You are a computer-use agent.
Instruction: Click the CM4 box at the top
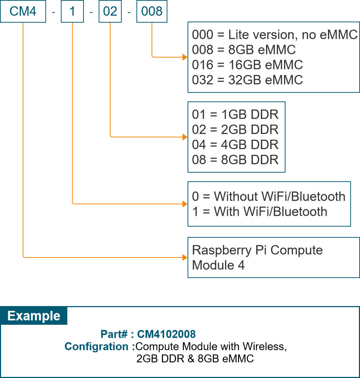(x=23, y=12)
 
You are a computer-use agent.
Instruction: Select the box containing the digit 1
(x=72, y=12)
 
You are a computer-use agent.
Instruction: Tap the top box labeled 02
(x=110, y=12)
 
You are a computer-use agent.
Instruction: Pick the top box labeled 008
(x=152, y=12)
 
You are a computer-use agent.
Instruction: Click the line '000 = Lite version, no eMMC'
(x=274, y=35)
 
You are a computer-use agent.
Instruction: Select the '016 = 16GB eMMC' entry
(x=247, y=65)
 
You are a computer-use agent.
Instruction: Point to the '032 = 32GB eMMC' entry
(x=247, y=80)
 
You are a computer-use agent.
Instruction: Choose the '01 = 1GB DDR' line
(x=235, y=115)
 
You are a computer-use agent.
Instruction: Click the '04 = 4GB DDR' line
(x=235, y=145)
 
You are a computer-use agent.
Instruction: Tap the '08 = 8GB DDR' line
(x=235, y=160)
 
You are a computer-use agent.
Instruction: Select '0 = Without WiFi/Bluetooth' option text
(x=269, y=196)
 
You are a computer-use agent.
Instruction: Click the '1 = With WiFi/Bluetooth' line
(x=260, y=211)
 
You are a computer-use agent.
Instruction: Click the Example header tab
(x=34, y=316)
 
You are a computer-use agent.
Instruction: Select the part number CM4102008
(x=166, y=334)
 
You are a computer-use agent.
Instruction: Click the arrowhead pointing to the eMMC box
(x=185, y=57)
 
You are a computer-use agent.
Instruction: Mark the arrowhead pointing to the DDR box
(x=185, y=137)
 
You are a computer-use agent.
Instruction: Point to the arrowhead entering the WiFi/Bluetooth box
(x=185, y=204)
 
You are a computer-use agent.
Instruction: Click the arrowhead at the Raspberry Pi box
(x=185, y=257)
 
